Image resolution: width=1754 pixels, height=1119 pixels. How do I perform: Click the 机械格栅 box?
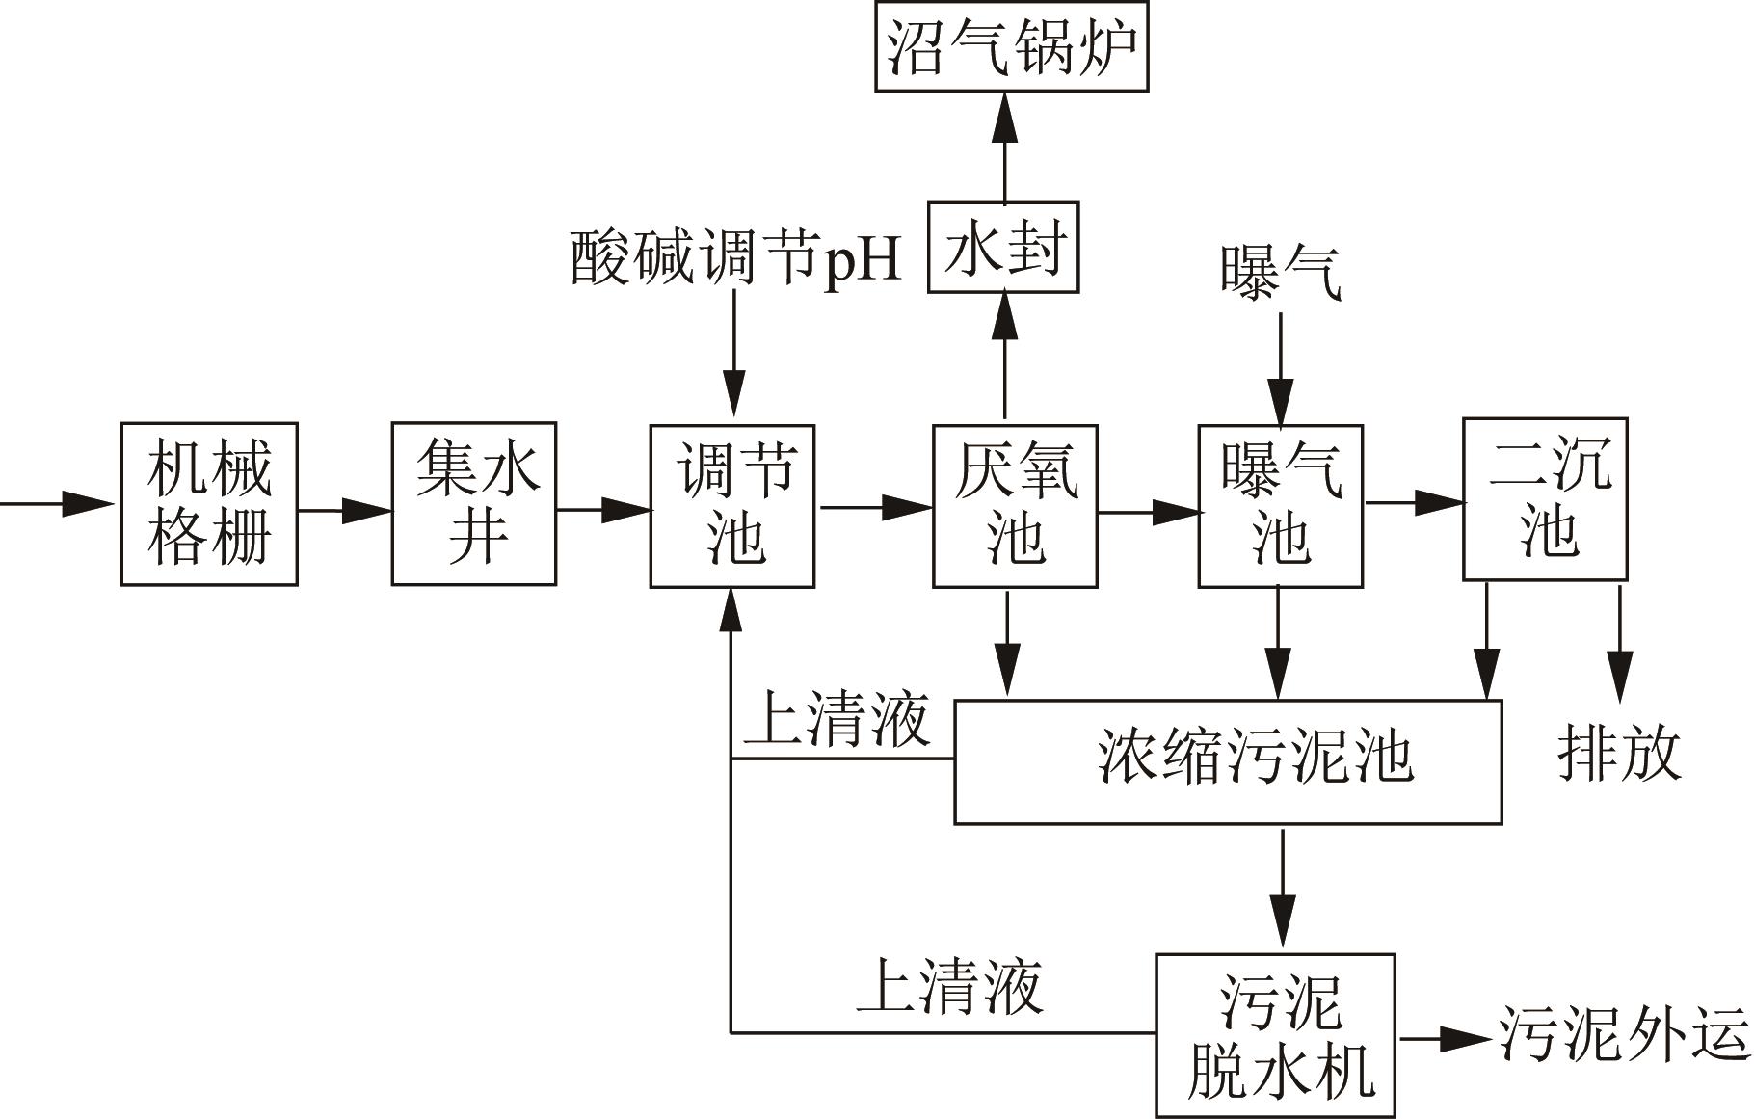tap(208, 503)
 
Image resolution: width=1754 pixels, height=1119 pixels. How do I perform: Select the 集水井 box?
tap(473, 503)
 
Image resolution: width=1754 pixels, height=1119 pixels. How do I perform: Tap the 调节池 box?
tap(731, 505)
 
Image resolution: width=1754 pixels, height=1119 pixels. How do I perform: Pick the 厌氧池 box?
tap(1014, 505)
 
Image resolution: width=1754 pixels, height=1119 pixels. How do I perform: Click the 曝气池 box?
tap(1280, 505)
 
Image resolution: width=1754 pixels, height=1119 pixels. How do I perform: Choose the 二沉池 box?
tap(1545, 499)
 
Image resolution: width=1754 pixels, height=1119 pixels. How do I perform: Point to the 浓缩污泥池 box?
tap(1228, 761)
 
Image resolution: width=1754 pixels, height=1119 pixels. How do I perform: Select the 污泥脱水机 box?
tap(1275, 1035)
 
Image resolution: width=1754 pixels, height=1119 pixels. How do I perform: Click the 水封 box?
tap(1002, 248)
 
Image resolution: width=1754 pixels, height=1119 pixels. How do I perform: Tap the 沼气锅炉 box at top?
tap(1011, 46)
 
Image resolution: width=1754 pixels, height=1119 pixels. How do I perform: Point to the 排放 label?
tap(1619, 754)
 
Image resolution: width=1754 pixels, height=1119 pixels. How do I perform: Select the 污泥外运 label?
tap(1624, 1035)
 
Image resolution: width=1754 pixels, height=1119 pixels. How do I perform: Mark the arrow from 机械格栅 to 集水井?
tap(344, 510)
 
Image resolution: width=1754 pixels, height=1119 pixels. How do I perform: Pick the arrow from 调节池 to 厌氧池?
tap(873, 506)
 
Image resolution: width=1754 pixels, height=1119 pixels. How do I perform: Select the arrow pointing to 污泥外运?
tap(1446, 1038)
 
